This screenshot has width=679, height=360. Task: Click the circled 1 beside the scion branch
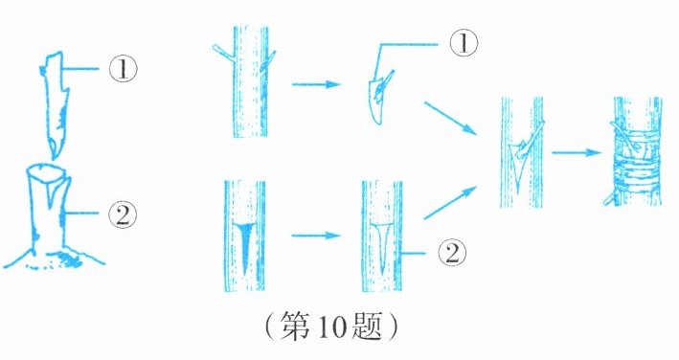123,69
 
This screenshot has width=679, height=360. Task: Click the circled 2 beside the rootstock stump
123,214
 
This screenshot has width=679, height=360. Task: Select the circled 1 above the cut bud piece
464,43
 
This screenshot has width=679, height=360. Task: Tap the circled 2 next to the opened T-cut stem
453,253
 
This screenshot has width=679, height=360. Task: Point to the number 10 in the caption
334,326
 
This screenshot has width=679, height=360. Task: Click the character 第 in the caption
295,326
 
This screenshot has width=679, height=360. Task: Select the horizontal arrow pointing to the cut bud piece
316,84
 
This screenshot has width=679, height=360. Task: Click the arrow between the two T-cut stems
316,236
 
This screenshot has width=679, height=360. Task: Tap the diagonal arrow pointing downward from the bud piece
450,117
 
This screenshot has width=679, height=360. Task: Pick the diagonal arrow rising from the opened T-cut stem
450,202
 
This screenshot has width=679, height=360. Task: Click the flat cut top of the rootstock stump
48,170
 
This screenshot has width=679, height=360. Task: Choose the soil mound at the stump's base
55,258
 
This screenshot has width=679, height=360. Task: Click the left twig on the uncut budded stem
223,52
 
